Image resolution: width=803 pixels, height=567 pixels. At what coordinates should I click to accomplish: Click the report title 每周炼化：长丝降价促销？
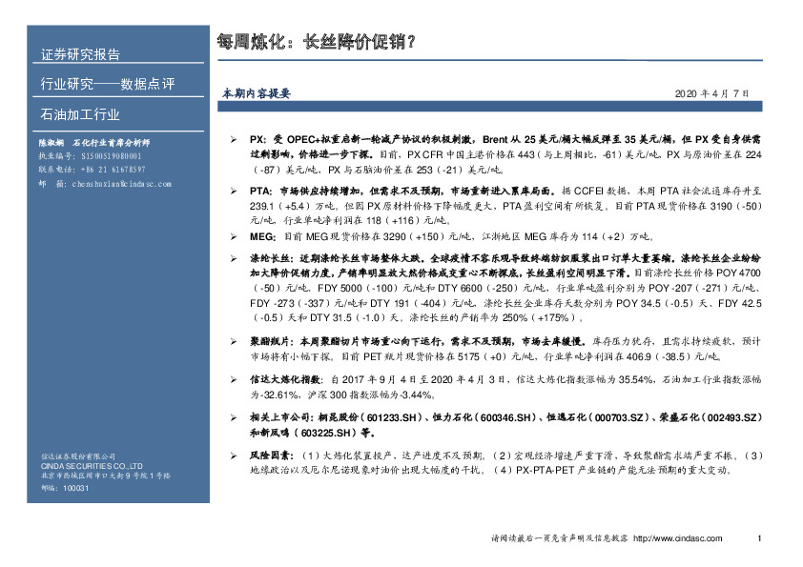coord(318,42)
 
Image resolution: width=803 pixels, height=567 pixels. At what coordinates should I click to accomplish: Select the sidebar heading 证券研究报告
coord(80,53)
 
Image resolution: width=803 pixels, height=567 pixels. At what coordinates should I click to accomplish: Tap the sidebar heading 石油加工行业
coord(80,115)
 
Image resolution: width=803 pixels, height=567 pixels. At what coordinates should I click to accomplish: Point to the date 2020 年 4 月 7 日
coord(712,93)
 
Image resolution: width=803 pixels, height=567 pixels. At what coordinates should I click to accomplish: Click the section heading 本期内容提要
coord(256,93)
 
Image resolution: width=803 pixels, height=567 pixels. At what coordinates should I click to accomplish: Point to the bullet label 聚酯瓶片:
coord(273,340)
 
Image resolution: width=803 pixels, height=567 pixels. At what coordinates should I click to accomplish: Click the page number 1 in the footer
coord(759,539)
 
